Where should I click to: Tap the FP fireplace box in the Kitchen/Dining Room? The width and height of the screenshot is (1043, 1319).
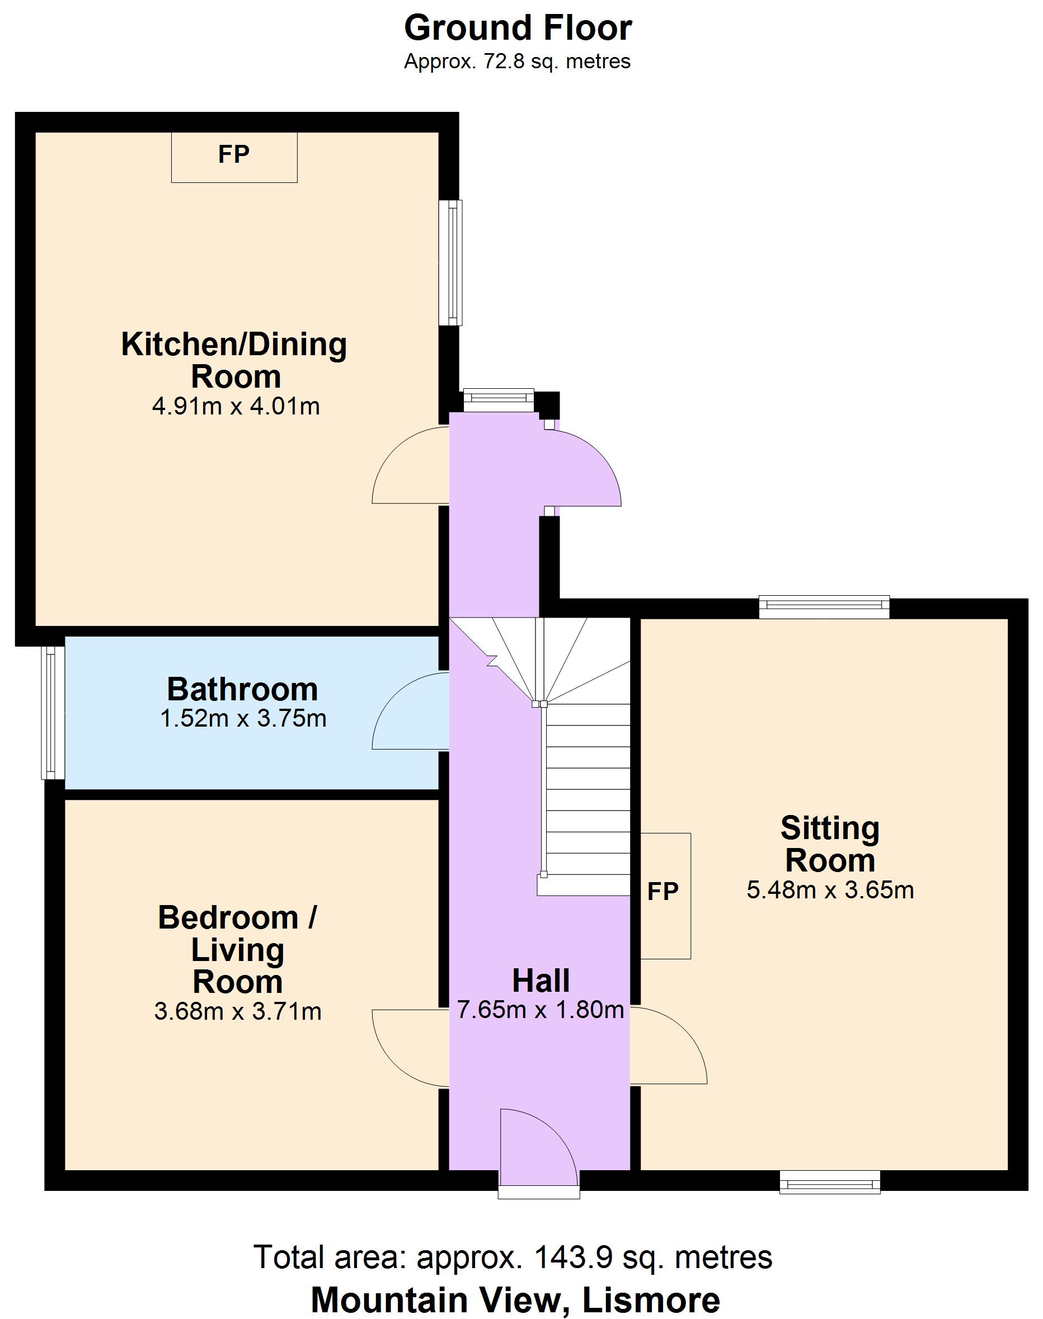234,157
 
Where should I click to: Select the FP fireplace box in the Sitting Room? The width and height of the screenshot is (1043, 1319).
665,896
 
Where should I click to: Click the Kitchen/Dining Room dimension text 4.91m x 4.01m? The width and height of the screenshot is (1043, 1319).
236,406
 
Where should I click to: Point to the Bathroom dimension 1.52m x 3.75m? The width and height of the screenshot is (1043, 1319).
243,718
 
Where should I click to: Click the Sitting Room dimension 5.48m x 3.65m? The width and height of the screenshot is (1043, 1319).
830,890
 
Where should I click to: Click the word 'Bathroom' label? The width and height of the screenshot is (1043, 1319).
242,690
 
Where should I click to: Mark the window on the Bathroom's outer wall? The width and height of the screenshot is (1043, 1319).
53,712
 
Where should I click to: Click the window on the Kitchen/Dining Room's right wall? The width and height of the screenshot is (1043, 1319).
450,262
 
